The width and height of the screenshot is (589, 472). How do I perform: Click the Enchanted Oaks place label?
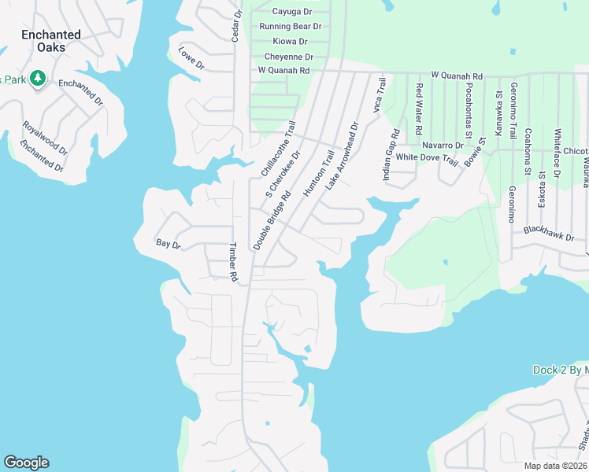pyautogui.click(x=51, y=41)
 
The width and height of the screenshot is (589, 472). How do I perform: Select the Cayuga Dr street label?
pyautogui.click(x=292, y=12)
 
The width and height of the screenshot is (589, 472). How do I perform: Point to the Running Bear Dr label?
pyautogui.click(x=291, y=27)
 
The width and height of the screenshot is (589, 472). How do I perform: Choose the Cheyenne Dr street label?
pyautogui.click(x=289, y=57)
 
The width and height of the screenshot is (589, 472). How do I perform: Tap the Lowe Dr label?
pyautogui.click(x=191, y=58)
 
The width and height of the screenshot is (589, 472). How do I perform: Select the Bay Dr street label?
pyautogui.click(x=169, y=245)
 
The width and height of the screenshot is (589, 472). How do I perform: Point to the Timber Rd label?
pyautogui.click(x=233, y=262)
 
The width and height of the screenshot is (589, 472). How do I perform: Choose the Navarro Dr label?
pyautogui.click(x=442, y=146)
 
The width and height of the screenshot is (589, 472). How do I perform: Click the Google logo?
pyautogui.click(x=26, y=463)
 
